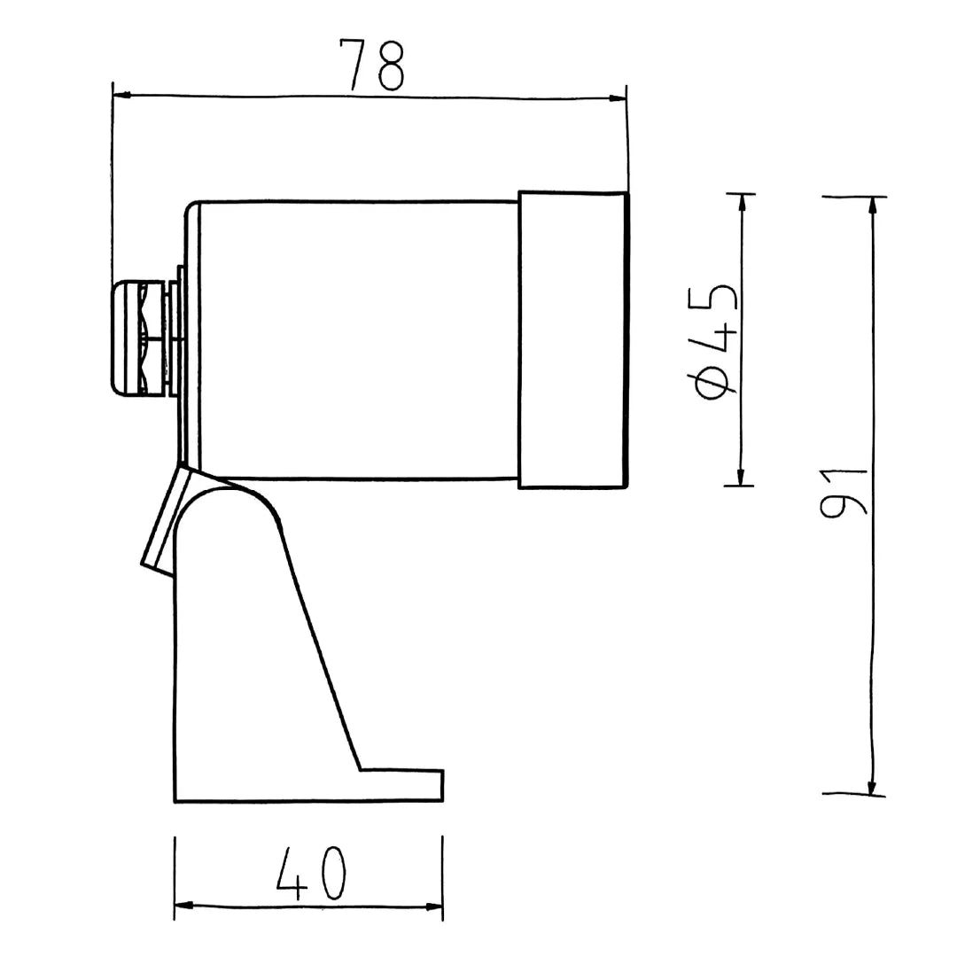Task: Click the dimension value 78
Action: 372,64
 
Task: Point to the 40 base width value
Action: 310,874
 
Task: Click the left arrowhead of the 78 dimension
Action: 121,94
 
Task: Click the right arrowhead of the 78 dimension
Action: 618,98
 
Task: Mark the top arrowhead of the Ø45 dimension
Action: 742,201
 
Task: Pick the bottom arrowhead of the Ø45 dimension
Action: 741,478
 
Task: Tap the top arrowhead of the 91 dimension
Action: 873,205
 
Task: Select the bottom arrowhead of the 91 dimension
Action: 872,786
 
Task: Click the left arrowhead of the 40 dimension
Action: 183,905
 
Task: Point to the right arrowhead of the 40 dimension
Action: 433,906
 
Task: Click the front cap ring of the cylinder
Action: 572,339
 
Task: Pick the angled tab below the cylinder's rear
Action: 165,523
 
